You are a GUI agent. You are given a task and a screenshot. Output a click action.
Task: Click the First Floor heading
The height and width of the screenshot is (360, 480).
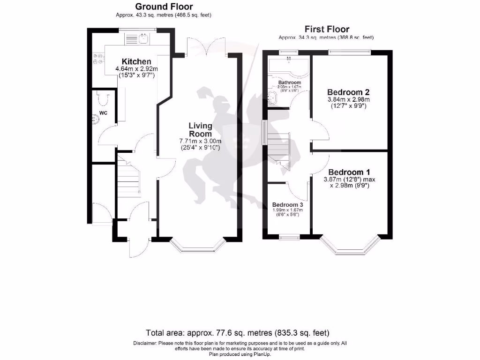click(x=327, y=29)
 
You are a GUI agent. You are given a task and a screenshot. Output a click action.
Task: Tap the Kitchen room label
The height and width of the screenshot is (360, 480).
click(x=136, y=62)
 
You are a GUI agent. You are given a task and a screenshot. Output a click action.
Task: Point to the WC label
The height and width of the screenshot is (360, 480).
click(x=104, y=113)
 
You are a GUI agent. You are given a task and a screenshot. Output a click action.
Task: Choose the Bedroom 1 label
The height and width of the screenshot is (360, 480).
click(x=349, y=172)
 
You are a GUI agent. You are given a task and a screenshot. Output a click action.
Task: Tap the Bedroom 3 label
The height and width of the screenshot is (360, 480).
click(x=288, y=205)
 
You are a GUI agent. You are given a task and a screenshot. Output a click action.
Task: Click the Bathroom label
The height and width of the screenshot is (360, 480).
click(x=289, y=82)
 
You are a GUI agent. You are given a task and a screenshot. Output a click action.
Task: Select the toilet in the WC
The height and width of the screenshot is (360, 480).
click(x=104, y=98)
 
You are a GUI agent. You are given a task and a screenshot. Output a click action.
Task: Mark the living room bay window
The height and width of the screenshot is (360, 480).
click(x=197, y=246)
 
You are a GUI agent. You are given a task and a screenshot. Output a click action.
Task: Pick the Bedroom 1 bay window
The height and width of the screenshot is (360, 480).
click(x=349, y=246)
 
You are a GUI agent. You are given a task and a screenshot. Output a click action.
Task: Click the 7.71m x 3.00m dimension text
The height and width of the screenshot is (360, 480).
click(x=201, y=141)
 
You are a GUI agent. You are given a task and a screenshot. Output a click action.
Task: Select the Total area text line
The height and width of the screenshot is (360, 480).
click(x=238, y=333)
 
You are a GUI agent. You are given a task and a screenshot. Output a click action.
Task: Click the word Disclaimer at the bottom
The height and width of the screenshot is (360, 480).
click(x=146, y=344)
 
